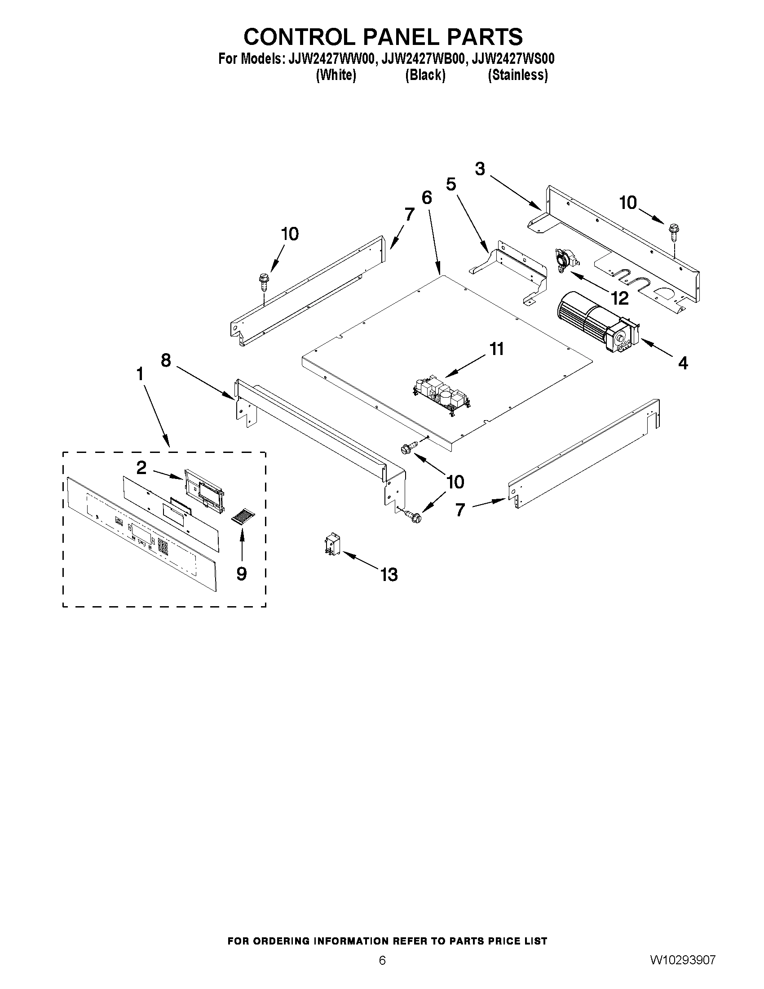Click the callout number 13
[389, 575]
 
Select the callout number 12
[619, 298]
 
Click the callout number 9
[242, 574]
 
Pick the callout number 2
[141, 468]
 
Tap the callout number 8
[166, 360]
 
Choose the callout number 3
[480, 169]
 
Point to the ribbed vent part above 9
[244, 517]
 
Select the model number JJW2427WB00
[424, 59]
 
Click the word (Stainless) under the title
[518, 75]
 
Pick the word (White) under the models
[336, 75]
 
